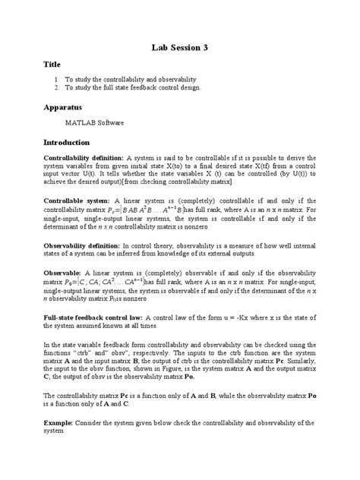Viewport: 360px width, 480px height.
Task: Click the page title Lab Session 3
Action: [179, 48]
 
